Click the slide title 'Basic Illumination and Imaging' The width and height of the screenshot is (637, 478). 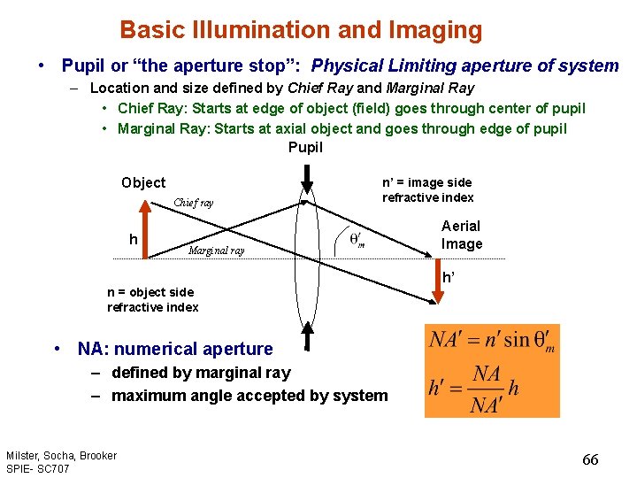click(301, 30)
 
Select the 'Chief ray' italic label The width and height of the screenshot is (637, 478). click(193, 203)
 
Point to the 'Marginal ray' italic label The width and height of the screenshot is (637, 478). click(217, 251)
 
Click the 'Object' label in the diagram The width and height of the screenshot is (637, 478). click(143, 182)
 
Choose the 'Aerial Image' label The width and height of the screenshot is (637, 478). click(462, 235)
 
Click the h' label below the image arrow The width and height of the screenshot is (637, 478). click(449, 276)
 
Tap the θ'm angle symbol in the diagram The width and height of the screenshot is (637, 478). click(357, 240)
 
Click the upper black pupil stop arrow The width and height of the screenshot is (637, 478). click(307, 178)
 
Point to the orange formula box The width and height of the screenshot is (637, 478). click(492, 371)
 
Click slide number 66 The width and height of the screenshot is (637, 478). click(590, 459)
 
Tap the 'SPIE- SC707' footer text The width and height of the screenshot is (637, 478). click(38, 467)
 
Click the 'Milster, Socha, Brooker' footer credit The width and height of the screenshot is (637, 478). click(61, 455)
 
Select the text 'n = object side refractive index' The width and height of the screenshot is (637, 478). click(152, 299)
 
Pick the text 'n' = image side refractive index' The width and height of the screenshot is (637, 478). click(427, 189)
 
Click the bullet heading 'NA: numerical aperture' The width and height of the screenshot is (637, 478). click(175, 349)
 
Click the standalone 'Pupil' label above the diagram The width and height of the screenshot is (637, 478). click(306, 147)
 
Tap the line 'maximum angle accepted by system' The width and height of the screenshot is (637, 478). click(249, 396)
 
